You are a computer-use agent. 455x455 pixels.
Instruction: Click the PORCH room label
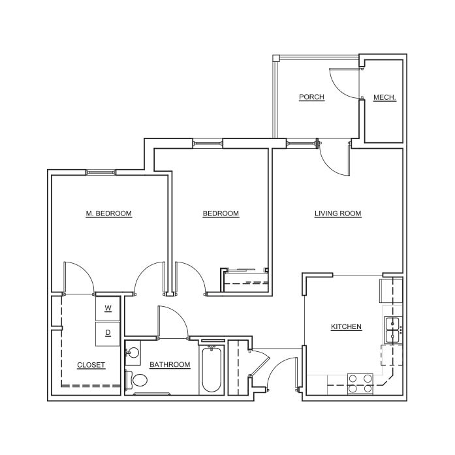pyautogui.click(x=311, y=97)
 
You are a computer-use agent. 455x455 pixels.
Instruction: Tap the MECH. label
pyautogui.click(x=384, y=97)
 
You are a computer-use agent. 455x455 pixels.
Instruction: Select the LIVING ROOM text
pyautogui.click(x=338, y=213)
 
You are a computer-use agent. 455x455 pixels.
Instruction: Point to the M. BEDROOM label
pyautogui.click(x=109, y=213)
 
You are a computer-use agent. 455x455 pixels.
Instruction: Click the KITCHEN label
pyautogui.click(x=346, y=327)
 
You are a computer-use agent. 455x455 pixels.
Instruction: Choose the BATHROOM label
pyautogui.click(x=170, y=365)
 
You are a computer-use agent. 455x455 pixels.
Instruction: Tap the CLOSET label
pyautogui.click(x=91, y=365)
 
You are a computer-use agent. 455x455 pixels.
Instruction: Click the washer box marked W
pyautogui.click(x=108, y=309)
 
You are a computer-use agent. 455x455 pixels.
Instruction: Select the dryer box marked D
pyautogui.click(x=108, y=334)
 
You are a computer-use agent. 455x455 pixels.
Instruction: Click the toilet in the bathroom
pyautogui.click(x=136, y=380)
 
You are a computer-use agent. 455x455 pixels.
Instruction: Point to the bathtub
pyautogui.click(x=212, y=369)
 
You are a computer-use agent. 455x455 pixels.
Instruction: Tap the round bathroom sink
pyautogui.click(x=133, y=353)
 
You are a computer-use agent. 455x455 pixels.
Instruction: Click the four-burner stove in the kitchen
pyautogui.click(x=360, y=384)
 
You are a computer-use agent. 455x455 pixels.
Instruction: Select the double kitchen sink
pyautogui.click(x=394, y=330)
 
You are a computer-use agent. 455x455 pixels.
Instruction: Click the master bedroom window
pyautogui.click(x=101, y=172)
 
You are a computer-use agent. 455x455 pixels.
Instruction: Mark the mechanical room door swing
pyautogui.click(x=345, y=83)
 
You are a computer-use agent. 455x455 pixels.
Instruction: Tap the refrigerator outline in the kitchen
pyautogui.click(x=391, y=290)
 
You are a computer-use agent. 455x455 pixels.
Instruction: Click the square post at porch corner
pyautogui.click(x=275, y=58)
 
